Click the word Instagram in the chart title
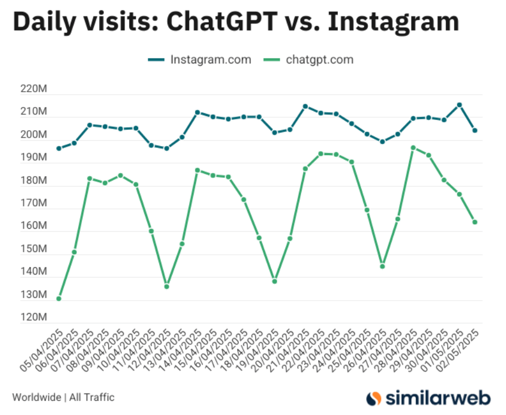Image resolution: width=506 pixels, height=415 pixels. point(394,22)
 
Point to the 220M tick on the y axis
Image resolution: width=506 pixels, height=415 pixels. point(35,89)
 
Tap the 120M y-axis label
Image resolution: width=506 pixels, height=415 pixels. point(35,318)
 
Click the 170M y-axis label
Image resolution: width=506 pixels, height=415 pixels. point(35,204)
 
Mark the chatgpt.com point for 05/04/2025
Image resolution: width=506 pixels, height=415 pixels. point(59,298)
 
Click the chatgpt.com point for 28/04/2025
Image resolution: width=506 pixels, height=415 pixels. point(413,148)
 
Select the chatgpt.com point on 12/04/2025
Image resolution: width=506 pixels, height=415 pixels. point(166,286)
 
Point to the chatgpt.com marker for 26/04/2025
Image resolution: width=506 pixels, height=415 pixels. point(383,266)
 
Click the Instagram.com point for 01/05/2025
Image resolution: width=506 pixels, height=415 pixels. point(460,105)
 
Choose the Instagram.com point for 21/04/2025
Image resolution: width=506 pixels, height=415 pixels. point(305,106)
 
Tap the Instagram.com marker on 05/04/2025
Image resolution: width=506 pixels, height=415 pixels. point(59,148)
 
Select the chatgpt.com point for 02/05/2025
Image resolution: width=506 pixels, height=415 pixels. point(475,222)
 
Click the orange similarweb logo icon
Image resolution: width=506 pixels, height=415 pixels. point(374,397)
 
